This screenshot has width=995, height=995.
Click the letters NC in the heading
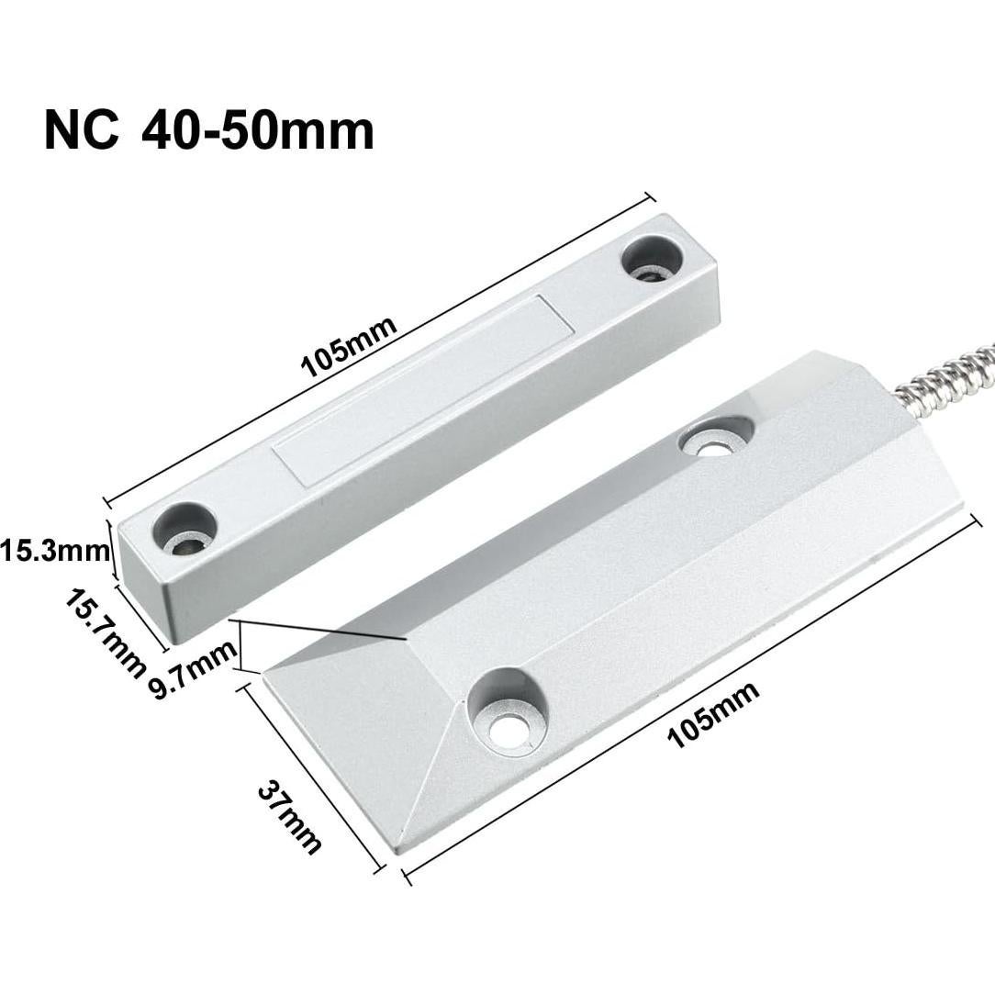(81, 129)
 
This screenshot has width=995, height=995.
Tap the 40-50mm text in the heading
(258, 129)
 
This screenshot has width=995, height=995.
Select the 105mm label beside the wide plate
(713, 715)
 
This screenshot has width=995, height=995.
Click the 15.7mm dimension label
(105, 632)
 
